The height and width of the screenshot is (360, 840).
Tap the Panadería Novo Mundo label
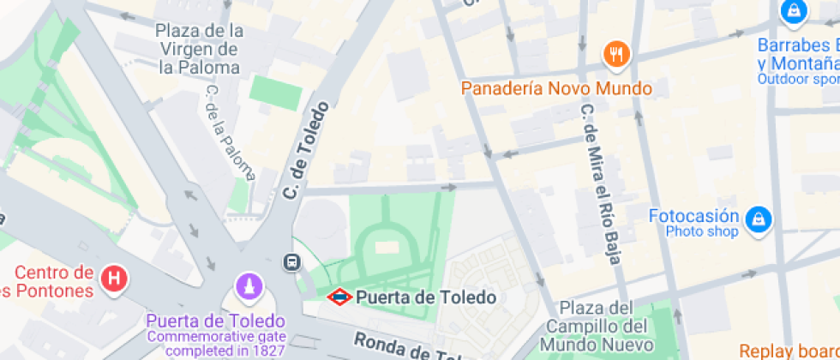point(556,88)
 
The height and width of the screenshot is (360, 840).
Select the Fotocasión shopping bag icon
point(758,220)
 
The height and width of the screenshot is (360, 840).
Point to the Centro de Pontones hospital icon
point(113,279)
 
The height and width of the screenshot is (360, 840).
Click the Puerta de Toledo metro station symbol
point(339,297)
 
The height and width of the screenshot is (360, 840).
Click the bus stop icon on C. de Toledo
point(293,261)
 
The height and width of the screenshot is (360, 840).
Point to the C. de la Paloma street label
point(228,132)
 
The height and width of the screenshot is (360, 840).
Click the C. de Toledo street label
point(306,152)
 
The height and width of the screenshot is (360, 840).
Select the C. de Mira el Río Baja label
point(600,185)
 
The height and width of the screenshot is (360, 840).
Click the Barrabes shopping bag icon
point(795,11)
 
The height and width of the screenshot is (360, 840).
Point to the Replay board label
point(789,351)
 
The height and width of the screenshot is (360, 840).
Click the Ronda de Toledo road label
point(403,348)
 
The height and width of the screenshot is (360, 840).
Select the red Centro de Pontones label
point(53,282)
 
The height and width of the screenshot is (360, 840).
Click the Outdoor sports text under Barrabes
point(798,79)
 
